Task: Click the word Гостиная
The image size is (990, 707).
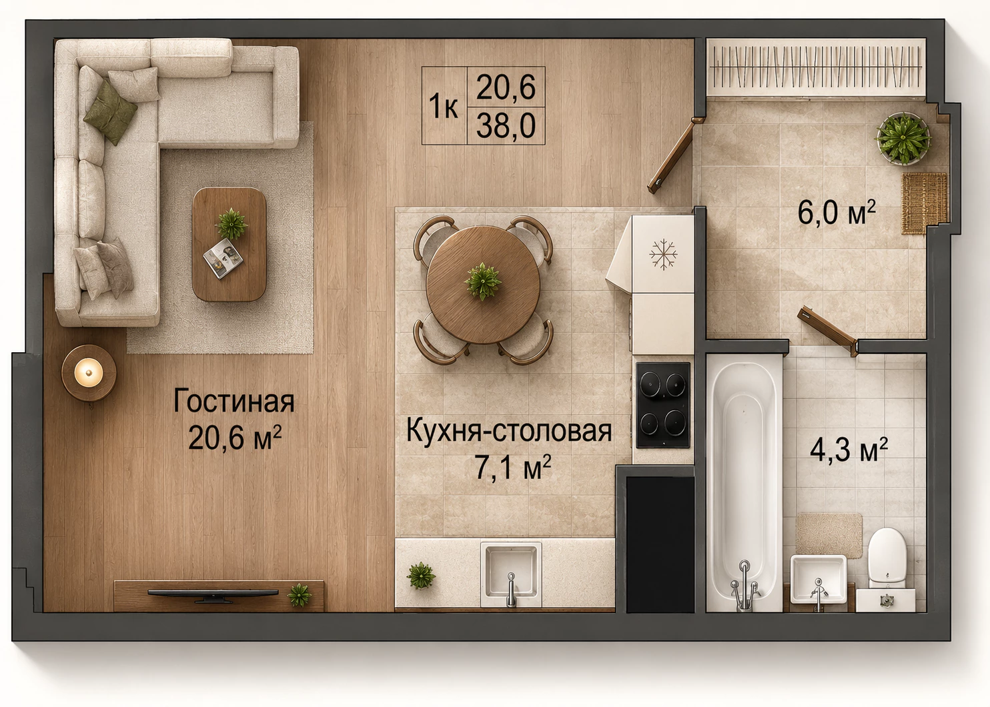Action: tap(233, 402)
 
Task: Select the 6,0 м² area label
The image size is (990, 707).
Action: tap(836, 212)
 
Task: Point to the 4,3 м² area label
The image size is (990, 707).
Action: tap(849, 450)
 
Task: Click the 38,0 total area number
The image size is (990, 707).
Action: tap(506, 125)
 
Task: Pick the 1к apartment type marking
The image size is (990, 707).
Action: tap(443, 106)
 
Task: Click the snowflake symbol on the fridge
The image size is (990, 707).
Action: tap(663, 255)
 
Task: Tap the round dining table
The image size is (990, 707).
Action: tap(483, 285)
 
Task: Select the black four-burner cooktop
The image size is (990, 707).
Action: tap(663, 405)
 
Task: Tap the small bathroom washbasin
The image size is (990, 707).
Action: tap(819, 579)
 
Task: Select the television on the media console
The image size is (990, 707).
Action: tap(213, 594)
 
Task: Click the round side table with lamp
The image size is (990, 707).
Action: tap(89, 373)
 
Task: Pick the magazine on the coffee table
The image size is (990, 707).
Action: tap(223, 259)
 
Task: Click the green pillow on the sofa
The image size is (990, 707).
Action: tap(111, 112)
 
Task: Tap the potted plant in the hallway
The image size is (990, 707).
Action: tap(903, 138)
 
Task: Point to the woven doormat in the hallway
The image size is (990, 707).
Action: tap(924, 203)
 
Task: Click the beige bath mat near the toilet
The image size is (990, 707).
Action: tap(829, 535)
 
